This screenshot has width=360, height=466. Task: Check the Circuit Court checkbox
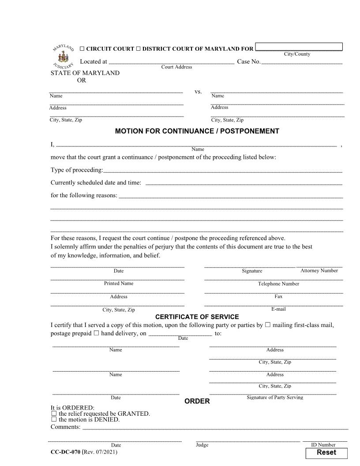pos(82,49)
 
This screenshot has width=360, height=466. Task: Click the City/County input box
pos(299,47)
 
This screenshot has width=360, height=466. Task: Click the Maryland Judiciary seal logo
pos(63,56)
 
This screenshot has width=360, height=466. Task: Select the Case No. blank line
pos(302,62)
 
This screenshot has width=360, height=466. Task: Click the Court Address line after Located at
pos(171,62)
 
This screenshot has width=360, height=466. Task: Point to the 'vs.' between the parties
pos(198,92)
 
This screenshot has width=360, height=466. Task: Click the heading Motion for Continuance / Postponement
pos(197,131)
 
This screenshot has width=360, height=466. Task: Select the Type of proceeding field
pos(223,170)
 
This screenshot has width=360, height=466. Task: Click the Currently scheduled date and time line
pos(244,183)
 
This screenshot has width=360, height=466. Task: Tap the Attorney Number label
pos(319,271)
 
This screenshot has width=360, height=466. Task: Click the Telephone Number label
pos(278,284)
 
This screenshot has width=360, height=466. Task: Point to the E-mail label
pos(278,309)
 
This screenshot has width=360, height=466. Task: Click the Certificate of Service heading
pos(197,317)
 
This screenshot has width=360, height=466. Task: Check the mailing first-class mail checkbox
pos(268,325)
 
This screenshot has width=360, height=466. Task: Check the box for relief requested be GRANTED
pos(54,413)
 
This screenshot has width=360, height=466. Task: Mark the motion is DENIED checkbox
pos(54,420)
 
